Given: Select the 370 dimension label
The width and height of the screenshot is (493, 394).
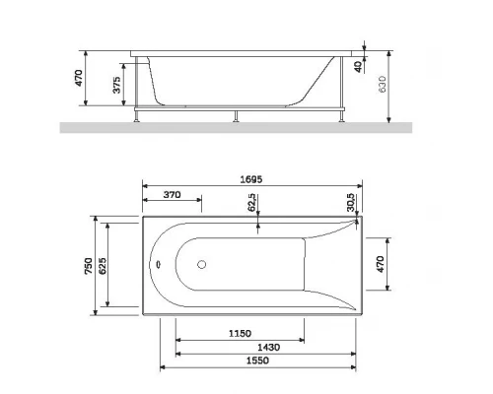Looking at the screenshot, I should point(172,196).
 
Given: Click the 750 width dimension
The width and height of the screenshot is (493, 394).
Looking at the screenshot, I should point(90,266).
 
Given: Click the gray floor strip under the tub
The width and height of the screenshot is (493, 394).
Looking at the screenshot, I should point(246,126).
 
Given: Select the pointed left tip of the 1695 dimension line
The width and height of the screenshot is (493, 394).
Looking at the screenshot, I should point(144,186).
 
